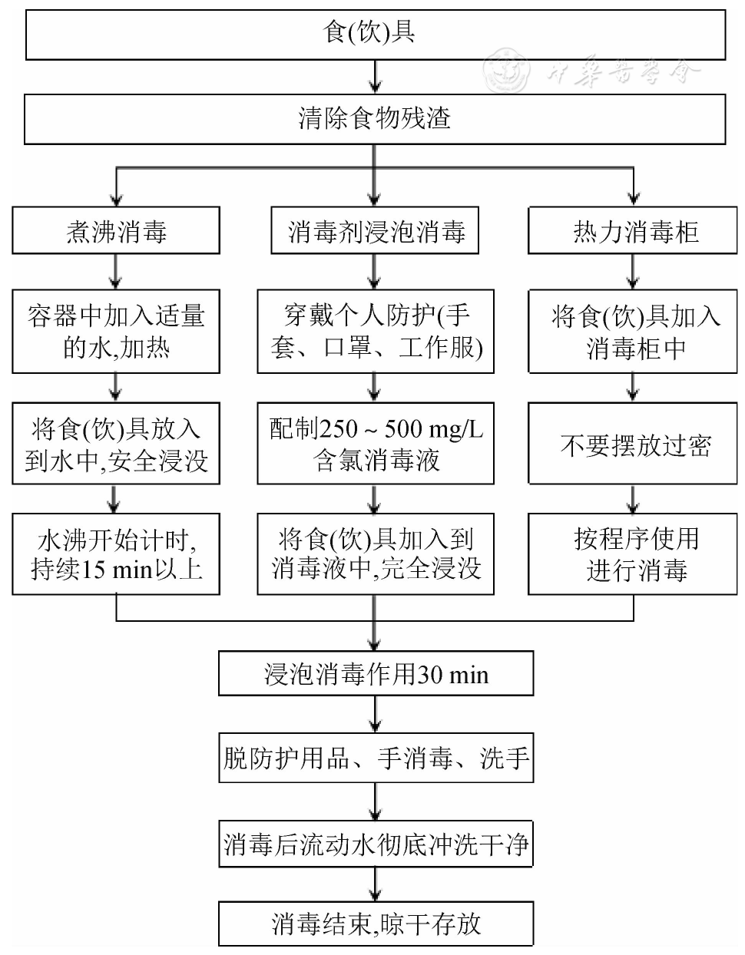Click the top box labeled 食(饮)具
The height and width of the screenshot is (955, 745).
[x=375, y=35]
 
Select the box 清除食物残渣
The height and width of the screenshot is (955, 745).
[x=375, y=119]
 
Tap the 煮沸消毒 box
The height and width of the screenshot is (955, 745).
[x=116, y=231]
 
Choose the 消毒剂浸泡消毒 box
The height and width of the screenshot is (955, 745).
[x=375, y=231]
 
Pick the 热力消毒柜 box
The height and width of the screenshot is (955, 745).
[x=633, y=231]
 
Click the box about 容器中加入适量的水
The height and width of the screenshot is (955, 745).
[x=116, y=332]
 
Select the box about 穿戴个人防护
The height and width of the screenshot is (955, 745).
[x=375, y=332]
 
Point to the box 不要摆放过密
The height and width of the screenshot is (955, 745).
[x=633, y=445]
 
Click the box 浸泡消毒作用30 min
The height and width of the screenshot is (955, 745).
[x=376, y=674]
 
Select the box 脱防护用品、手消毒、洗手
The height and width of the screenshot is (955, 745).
[x=376, y=759]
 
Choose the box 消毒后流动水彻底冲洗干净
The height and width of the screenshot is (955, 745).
[x=376, y=845]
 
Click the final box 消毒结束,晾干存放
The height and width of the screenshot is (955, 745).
[x=376, y=924]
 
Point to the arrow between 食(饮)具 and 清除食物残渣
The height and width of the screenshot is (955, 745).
[x=375, y=77]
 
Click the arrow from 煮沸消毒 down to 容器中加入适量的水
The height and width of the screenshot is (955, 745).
[x=115, y=271]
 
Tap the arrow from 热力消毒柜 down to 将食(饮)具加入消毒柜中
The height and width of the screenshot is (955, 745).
[x=633, y=271]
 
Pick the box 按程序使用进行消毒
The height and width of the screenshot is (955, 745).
[x=633, y=554]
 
